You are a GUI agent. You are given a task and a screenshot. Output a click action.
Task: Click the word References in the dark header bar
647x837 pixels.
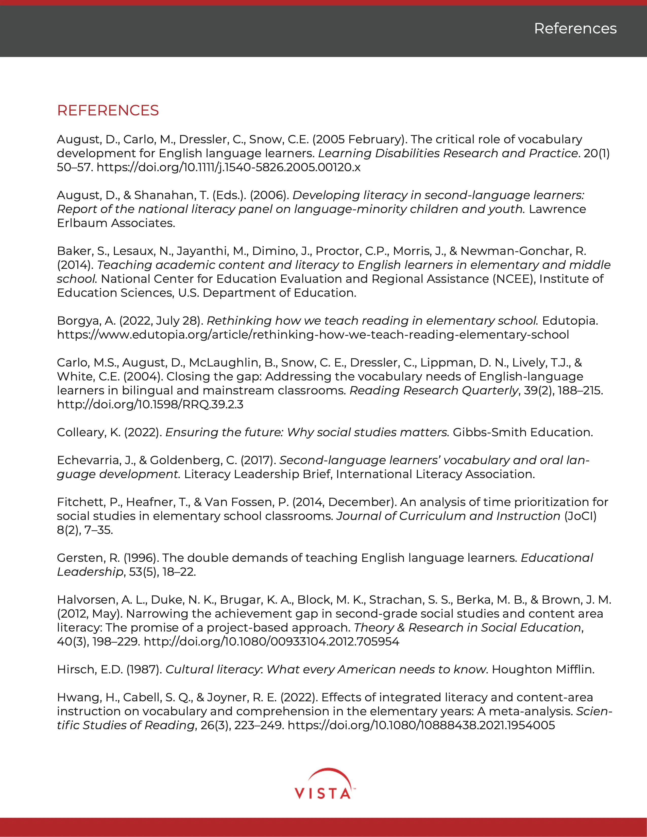575,29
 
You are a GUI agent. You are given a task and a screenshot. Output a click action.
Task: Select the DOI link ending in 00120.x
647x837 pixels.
228,167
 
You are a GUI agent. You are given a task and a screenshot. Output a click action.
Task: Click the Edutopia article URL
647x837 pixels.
313,335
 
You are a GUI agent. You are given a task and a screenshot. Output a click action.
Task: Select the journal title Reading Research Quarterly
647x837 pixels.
434,391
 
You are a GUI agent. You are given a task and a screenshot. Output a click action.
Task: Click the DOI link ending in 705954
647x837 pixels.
271,641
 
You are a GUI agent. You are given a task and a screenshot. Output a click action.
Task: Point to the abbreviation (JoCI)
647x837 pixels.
580,516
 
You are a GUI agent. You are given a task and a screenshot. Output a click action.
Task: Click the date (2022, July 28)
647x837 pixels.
163,321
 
